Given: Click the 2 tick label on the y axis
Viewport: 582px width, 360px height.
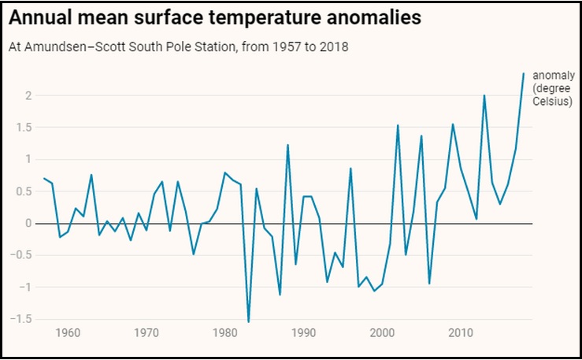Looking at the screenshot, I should tap(28, 95).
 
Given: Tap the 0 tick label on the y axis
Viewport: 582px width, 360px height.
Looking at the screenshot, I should tap(28, 223).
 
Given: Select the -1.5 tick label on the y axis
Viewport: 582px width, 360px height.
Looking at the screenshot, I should tap(21, 319).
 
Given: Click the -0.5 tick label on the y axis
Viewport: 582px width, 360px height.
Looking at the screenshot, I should tap(21, 255).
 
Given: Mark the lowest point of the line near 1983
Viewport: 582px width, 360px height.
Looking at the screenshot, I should tap(249, 321).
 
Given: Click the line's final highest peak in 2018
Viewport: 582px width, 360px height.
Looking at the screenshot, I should tap(523, 73).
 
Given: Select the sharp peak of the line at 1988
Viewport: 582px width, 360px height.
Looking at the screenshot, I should tap(287, 145).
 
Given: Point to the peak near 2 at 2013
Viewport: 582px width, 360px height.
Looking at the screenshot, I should tap(484, 95).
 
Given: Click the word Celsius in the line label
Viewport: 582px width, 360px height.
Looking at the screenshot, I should tap(549, 102).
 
